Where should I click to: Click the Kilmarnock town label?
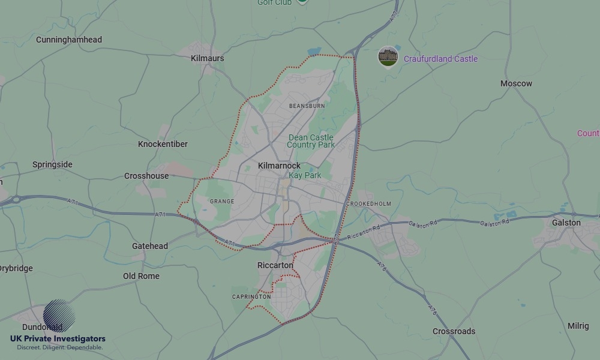[279, 166]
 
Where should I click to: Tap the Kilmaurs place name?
[207, 58]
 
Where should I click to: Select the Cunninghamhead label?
[69, 40]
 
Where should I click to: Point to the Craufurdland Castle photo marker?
[388, 56]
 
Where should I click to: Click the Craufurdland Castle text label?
[440, 59]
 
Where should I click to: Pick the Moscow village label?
[516, 83]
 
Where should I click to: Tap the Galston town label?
[566, 223]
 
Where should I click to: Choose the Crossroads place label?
[454, 331]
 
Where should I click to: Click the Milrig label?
[578, 326]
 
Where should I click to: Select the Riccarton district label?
[275, 265]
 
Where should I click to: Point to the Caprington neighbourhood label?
[251, 297]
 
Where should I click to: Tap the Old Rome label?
[141, 276]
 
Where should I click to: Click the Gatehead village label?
[150, 246]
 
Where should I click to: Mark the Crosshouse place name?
[146, 176]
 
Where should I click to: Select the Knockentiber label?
[163, 144]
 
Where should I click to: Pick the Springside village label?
[52, 164]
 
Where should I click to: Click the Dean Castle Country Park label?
[311, 141]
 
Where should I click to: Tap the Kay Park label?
[305, 175]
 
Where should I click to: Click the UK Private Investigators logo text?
[58, 339]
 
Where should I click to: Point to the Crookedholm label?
[368, 204]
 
